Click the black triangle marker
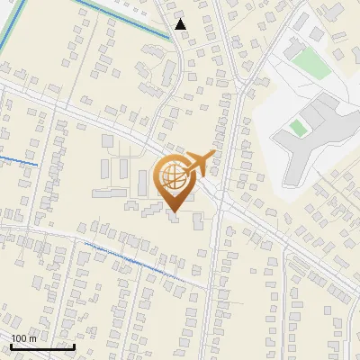point(181,24)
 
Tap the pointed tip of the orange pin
point(174,212)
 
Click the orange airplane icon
point(199,162)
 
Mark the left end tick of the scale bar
point(11,346)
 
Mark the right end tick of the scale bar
point(74,346)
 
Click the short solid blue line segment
point(18,161)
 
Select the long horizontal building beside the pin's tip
point(109,193)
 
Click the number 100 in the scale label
point(19,339)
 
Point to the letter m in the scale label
point(32,339)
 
